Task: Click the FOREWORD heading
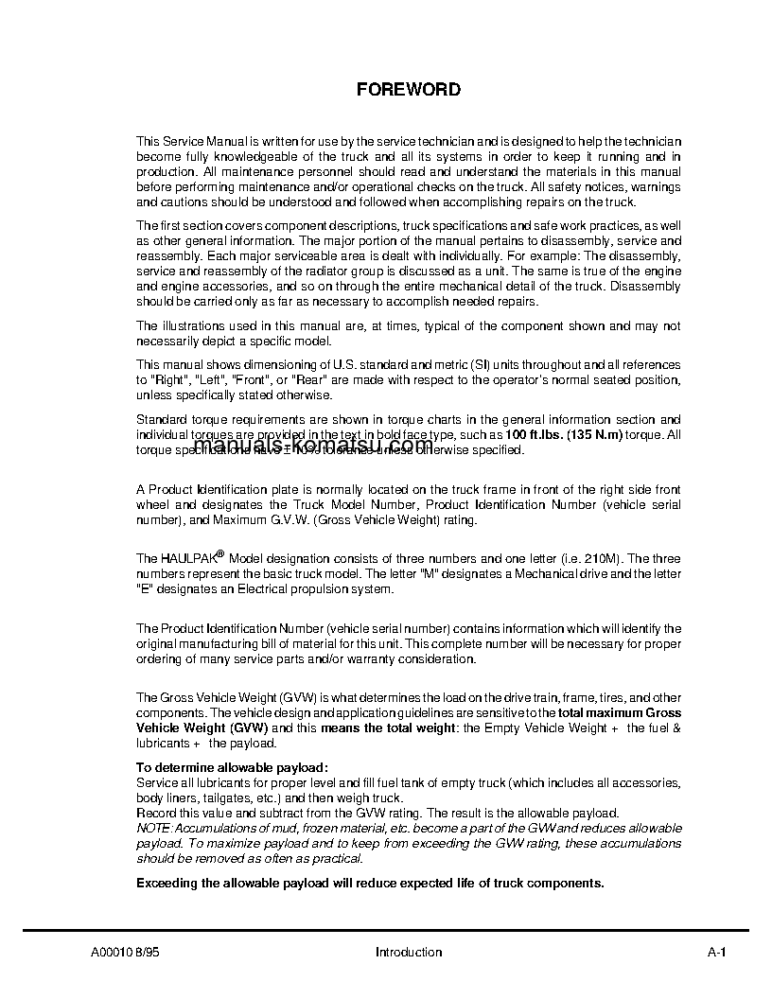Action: click(409, 90)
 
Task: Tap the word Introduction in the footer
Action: click(409, 952)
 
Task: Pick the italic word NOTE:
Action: click(154, 828)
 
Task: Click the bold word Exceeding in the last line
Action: click(168, 883)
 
